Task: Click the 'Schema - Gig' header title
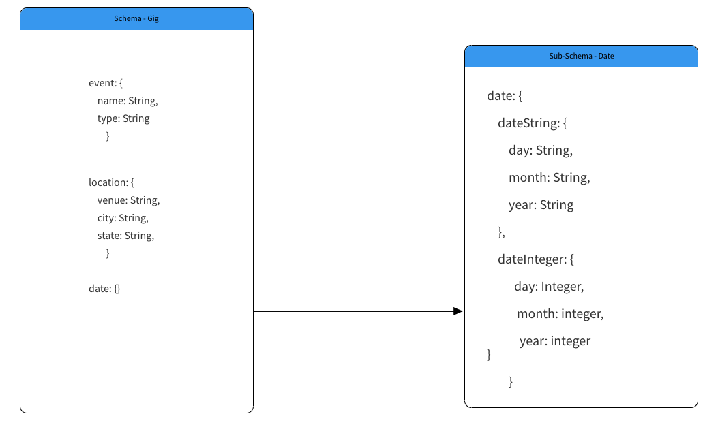click(136, 19)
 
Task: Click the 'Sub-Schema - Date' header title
click(582, 57)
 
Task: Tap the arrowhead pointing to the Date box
click(458, 311)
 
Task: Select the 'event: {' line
click(106, 83)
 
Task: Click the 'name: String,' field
click(128, 101)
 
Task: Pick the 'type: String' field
click(123, 118)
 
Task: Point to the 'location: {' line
click(111, 182)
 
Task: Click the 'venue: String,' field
click(129, 200)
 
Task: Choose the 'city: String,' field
click(123, 218)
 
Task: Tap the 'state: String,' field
click(126, 236)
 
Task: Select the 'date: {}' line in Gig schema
click(104, 289)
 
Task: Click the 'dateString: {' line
click(533, 123)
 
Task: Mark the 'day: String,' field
click(541, 150)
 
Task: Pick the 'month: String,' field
click(550, 178)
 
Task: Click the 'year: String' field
click(541, 205)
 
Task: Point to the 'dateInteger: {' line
click(536, 259)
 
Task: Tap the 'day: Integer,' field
click(549, 287)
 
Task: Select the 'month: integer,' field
click(560, 314)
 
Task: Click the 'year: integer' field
click(555, 341)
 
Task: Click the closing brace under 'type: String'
click(108, 136)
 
